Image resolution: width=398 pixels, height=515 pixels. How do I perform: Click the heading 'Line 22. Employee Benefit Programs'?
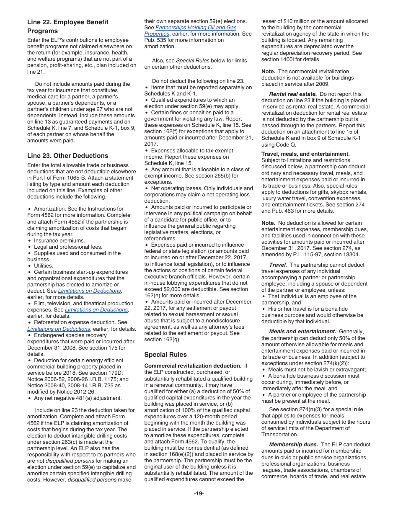67,26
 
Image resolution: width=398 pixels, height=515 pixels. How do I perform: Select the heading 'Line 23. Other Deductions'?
67,156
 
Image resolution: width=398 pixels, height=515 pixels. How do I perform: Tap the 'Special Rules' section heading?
165,355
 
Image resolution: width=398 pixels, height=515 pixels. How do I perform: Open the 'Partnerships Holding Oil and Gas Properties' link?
196,28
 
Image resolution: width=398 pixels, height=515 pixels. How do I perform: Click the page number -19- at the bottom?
199,494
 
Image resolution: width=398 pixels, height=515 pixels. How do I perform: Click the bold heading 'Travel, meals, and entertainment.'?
305,154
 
